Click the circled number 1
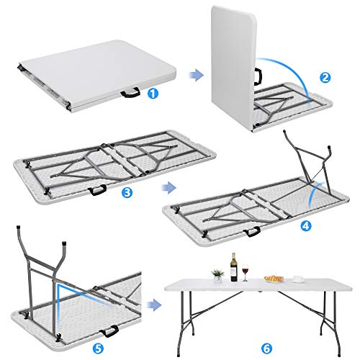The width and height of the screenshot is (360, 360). (x=153, y=92)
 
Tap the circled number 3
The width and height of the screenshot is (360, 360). (x=127, y=192)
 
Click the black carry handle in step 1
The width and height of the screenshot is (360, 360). (x=132, y=91)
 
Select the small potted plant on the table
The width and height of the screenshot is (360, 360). (x=216, y=274)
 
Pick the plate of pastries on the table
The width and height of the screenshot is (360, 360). (x=274, y=279)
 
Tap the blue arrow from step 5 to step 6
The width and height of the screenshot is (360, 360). (x=153, y=306)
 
